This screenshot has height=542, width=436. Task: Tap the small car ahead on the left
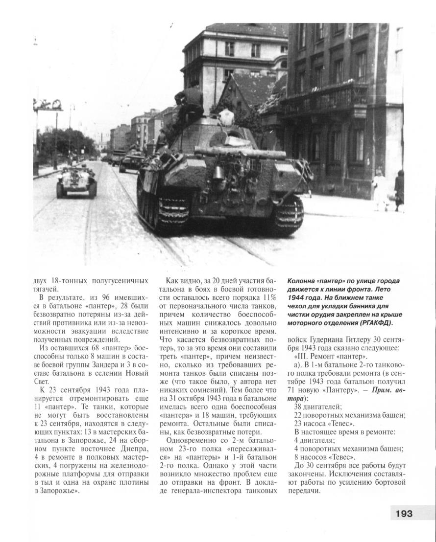tap(76, 181)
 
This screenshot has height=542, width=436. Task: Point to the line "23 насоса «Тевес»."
tap(324, 424)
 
